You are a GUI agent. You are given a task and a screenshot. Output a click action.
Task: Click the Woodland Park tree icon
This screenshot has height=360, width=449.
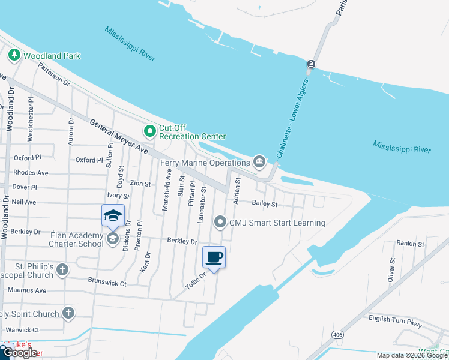pos(14,56)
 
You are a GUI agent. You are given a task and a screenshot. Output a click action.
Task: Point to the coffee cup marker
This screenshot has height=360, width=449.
pos(214,258)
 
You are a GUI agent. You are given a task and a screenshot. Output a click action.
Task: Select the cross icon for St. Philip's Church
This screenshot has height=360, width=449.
pos(62,271)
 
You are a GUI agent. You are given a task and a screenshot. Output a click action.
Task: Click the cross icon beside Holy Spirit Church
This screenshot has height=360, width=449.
pos(68,313)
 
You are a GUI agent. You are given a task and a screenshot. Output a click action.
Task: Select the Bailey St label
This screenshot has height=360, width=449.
pos(264,204)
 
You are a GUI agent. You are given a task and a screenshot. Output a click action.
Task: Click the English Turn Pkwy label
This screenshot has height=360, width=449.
pos(396,319)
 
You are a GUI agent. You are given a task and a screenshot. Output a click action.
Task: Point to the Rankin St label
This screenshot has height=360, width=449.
pos(410,244)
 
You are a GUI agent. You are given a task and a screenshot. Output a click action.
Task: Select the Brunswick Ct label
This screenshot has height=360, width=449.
pos(107,280)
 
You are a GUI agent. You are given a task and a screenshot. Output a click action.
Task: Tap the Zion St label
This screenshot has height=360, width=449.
pos(140,184)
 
